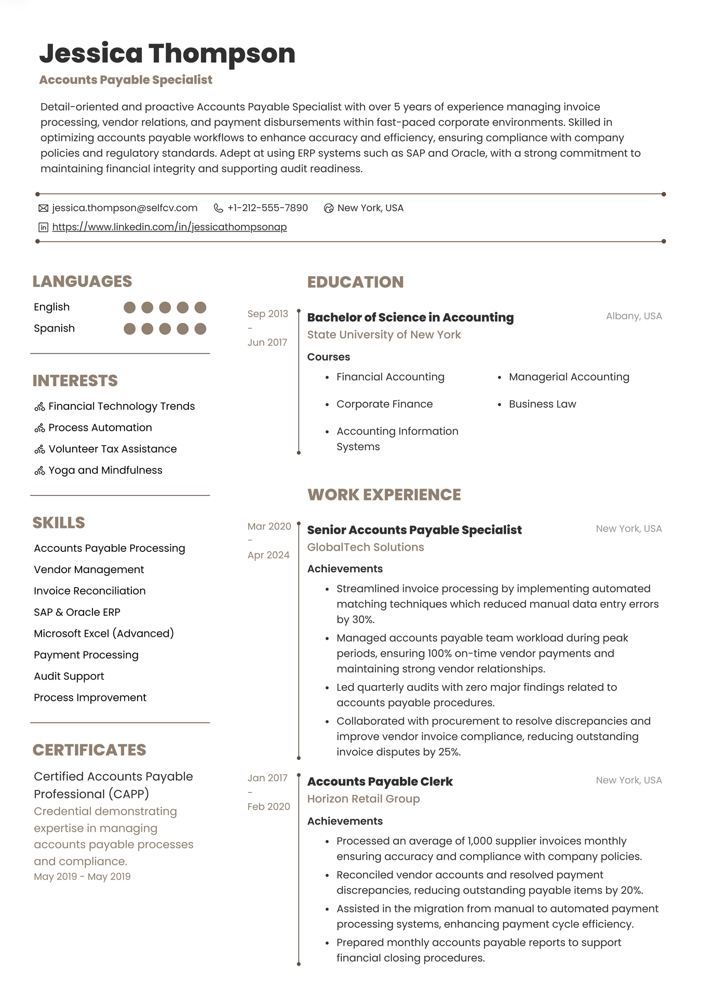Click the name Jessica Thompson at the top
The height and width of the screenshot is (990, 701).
point(167,53)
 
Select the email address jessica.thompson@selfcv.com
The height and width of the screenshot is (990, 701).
point(125,208)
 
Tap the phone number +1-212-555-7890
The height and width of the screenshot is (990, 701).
point(267,208)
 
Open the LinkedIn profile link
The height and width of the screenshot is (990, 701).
point(169,227)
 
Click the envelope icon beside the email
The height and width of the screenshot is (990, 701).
point(44,208)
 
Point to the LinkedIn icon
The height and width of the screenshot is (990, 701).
point(44,227)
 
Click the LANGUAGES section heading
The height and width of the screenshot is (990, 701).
point(82,281)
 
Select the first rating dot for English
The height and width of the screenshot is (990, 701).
point(130,307)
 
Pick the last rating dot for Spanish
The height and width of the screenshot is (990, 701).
point(200,329)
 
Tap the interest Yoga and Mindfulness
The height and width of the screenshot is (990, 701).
point(105,470)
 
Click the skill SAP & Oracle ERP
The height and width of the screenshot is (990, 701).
point(77,612)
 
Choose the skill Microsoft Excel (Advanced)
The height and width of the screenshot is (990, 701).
point(104,633)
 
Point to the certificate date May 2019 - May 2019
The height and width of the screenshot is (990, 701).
point(82,876)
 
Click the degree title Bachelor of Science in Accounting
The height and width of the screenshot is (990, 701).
point(410,317)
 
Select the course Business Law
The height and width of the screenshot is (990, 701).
point(542,404)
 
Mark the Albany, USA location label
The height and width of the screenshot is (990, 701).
point(633,316)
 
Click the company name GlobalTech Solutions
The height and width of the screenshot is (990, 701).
point(366,547)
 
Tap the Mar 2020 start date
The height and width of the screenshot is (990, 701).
point(269,526)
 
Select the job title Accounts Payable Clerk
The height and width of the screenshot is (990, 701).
point(380,781)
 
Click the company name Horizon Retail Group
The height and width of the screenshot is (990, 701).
point(363,798)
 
